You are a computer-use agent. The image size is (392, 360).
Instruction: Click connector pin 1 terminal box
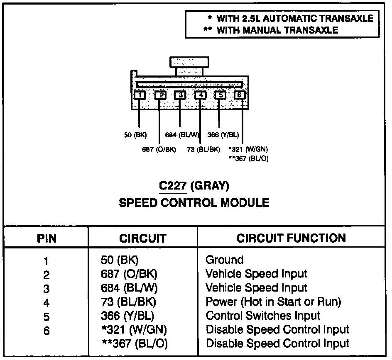[140, 95]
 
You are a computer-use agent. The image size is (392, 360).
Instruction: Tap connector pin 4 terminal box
[201, 95]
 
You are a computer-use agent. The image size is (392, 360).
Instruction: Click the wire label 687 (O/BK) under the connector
[159, 150]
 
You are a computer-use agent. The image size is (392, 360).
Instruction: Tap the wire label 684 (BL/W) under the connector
[182, 135]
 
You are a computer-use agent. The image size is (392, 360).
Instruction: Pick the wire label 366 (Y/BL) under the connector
[223, 135]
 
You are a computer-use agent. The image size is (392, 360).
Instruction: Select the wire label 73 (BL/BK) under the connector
[203, 150]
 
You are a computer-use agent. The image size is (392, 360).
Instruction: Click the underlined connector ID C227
[172, 186]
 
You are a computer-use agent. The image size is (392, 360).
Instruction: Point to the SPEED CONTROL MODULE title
[194, 203]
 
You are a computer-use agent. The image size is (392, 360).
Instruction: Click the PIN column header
[47, 238]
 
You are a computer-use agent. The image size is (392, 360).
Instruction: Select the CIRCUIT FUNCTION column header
[291, 238]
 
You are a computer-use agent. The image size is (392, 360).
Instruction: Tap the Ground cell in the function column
[224, 260]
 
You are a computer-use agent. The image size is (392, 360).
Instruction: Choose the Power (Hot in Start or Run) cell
[273, 302]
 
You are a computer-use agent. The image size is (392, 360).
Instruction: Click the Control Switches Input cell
[263, 316]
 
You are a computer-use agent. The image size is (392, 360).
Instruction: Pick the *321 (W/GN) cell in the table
[134, 330]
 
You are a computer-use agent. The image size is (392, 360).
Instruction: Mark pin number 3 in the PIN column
[46, 289]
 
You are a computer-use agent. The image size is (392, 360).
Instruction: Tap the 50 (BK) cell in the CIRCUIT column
[120, 260]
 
